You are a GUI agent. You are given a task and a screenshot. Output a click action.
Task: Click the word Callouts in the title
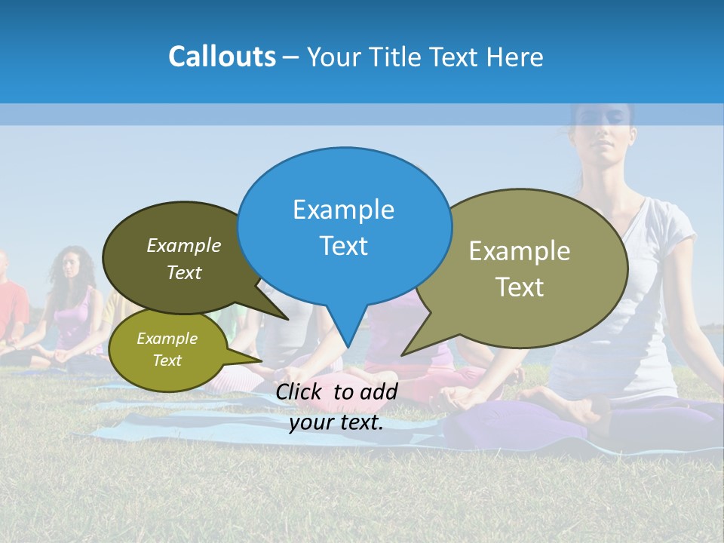coord(222,57)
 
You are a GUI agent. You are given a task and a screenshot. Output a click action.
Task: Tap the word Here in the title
coord(517,57)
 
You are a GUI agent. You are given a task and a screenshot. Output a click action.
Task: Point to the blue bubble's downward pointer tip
coord(348,345)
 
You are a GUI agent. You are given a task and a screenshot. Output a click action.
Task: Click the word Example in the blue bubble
coord(343,210)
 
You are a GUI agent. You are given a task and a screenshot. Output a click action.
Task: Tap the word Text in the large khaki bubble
coord(520,287)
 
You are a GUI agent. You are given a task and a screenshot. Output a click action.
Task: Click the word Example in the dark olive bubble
coord(184,246)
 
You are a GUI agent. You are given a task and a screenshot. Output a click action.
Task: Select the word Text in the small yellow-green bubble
coord(167,360)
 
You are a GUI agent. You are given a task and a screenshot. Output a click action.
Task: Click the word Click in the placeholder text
coord(300,391)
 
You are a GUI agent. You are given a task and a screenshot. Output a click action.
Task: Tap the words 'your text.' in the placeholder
coord(336,422)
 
